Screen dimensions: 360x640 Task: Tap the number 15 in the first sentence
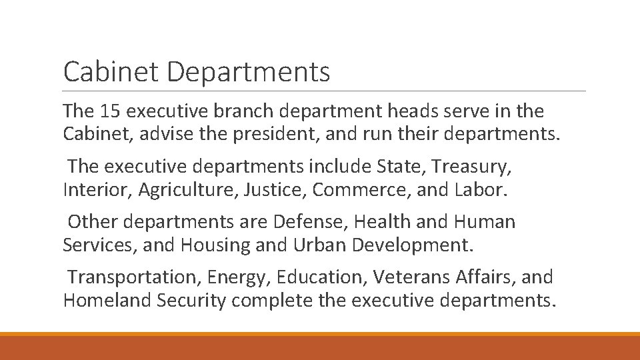[109, 111]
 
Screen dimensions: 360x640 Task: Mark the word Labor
[481, 189]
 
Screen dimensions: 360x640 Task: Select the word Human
[483, 221]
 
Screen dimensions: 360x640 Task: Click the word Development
[413, 245]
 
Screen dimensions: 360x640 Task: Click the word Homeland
[107, 300]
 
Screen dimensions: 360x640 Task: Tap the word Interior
[99, 189]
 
